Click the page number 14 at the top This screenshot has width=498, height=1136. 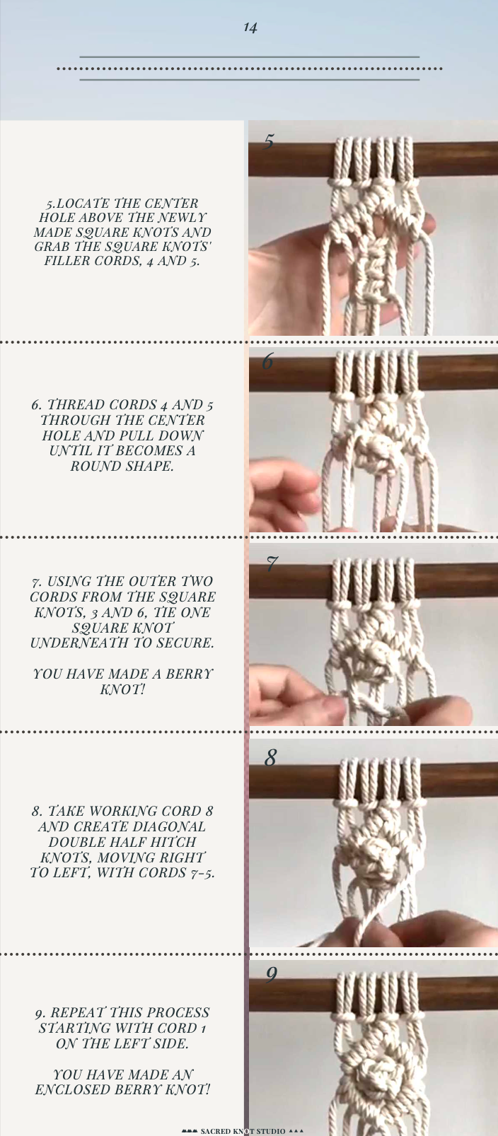coord(249,28)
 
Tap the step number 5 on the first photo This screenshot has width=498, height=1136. coord(269,141)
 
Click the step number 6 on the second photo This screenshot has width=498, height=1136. coord(267,361)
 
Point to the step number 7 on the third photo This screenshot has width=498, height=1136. coord(272,563)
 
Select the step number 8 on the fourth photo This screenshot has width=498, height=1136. coord(270,758)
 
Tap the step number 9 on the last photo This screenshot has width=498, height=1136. coord(271,974)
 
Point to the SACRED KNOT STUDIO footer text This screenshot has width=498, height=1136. coord(243,1131)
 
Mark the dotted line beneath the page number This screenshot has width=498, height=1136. coord(249,69)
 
